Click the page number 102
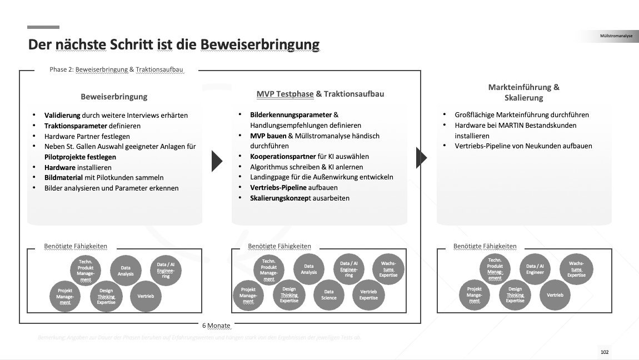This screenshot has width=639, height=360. coord(605,352)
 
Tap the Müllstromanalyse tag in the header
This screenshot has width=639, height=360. coord(616,37)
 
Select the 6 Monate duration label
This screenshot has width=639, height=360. coord(216,325)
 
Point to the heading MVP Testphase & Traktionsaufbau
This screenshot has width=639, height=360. coord(320,94)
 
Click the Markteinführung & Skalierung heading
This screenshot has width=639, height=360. coord(523,92)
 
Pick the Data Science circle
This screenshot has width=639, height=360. coord(329,294)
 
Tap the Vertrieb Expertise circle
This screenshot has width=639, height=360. coord(368,294)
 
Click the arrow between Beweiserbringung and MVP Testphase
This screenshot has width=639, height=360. coord(217,161)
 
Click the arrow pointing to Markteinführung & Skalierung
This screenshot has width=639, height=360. coord(422,158)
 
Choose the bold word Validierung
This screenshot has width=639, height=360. coord(62,116)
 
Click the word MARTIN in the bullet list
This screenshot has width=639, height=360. coord(524,126)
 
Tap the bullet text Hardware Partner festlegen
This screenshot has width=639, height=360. coord(87,136)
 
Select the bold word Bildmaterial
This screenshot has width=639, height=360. coord(64,178)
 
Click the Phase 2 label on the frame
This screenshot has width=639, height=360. coord(116,70)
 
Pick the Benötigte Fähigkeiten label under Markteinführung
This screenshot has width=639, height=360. coord(485,246)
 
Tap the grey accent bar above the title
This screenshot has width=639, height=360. coord(43,27)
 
